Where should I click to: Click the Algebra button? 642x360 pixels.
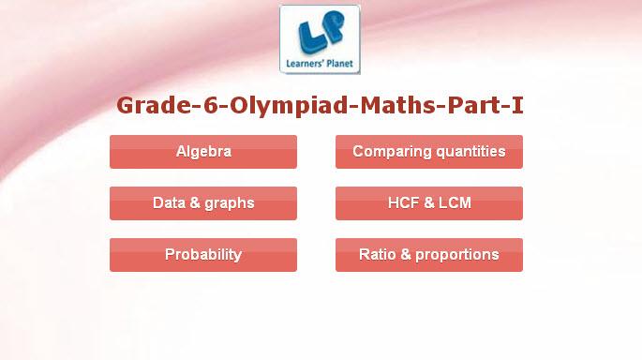coord(203,152)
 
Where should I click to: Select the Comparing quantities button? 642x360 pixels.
coord(429,152)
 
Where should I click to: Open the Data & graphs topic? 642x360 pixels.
coord(203,203)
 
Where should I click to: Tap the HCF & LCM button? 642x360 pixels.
coord(429,203)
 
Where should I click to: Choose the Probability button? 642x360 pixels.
coord(203,255)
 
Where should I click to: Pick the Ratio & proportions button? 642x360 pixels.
coord(429,255)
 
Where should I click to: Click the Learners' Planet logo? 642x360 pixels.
coord(320,39)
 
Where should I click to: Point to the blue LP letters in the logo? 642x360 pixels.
coord(321,33)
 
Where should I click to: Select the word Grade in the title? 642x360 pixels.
coord(154,105)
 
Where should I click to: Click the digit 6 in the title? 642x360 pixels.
coord(210,105)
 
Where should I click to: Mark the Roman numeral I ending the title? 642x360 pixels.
coord(517,105)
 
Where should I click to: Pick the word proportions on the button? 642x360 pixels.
coord(457,255)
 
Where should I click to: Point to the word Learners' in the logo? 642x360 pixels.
coord(305,64)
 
